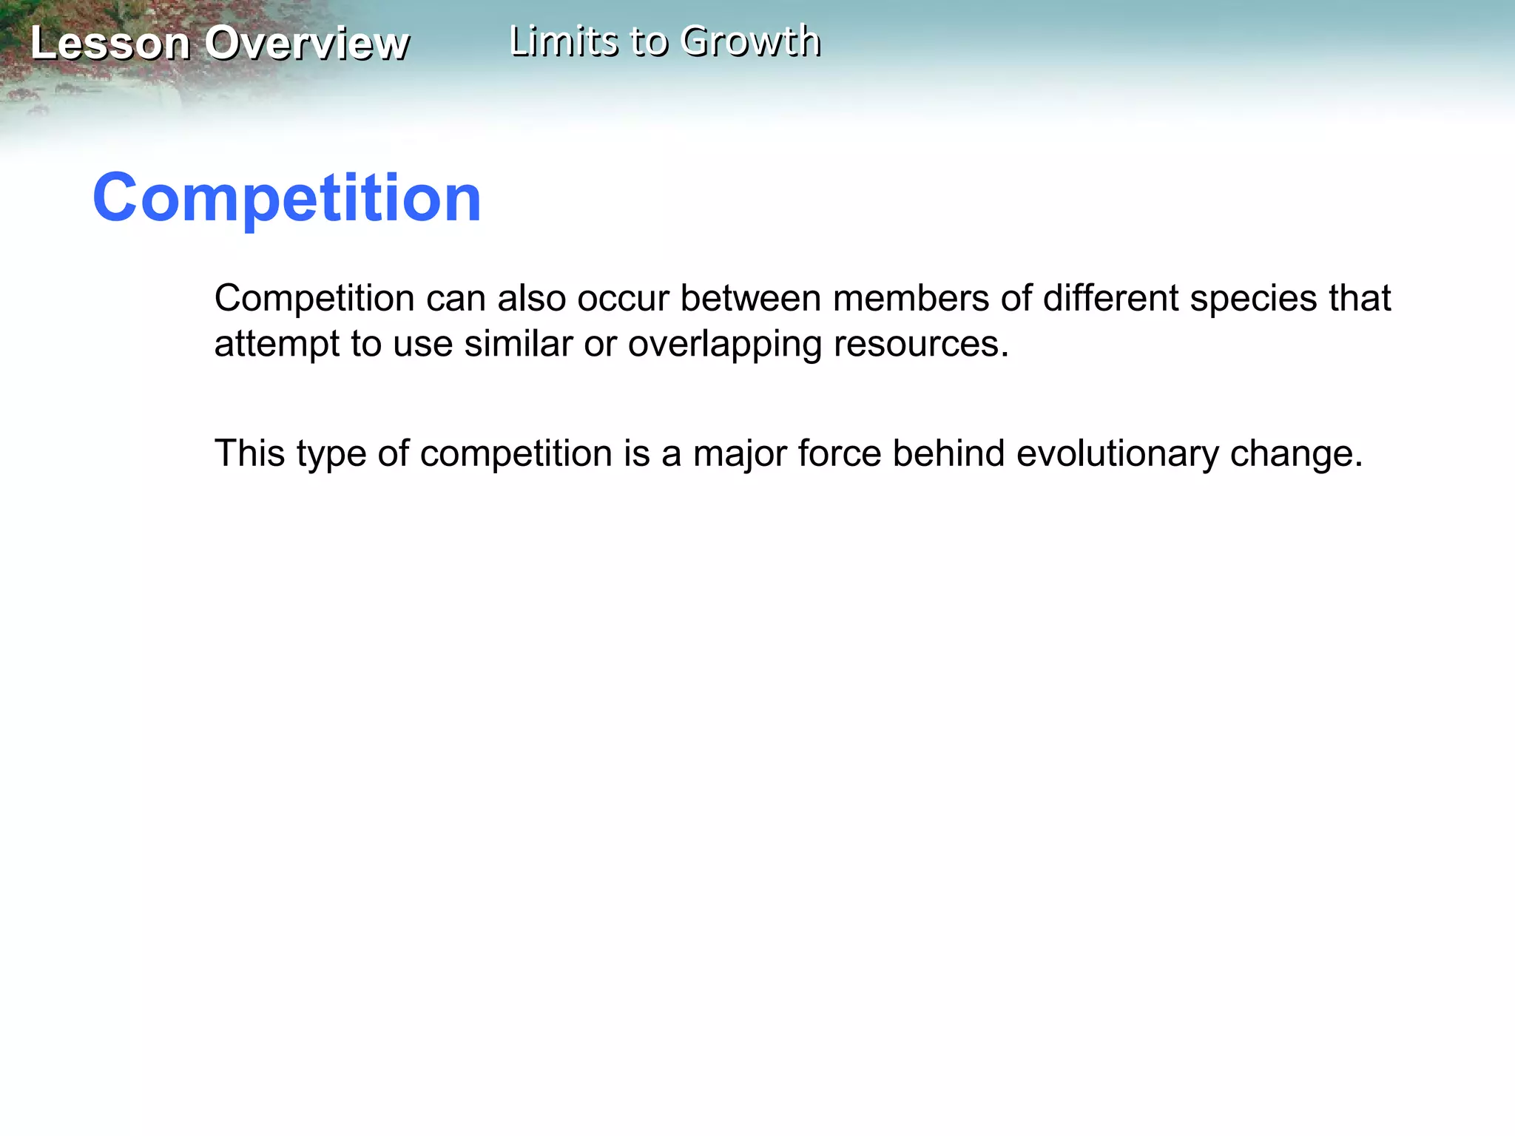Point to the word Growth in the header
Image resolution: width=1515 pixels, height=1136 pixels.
point(750,41)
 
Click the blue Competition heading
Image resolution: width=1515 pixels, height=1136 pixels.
point(287,198)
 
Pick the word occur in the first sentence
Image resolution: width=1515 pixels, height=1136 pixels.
point(623,299)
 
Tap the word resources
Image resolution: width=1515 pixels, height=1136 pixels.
point(921,345)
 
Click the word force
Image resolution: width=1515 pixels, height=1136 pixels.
point(840,453)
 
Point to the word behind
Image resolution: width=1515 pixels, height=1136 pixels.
point(948,453)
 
